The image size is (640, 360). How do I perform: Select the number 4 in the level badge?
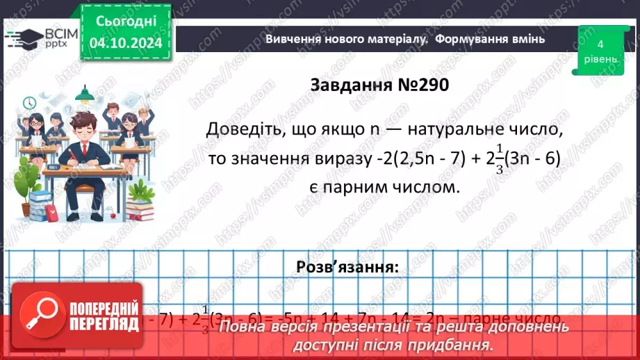pos(600,44)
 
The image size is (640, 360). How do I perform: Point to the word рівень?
pos(600,60)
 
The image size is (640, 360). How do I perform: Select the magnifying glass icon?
pos(38,316)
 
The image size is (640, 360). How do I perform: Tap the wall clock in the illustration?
pos(29,103)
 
